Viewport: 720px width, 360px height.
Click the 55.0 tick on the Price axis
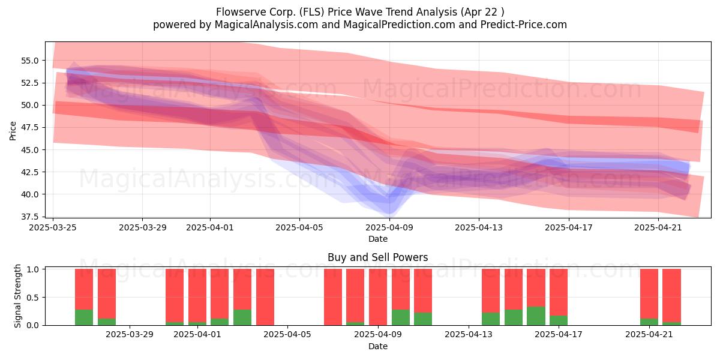click(x=29, y=61)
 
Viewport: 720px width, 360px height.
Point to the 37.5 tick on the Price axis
click(x=29, y=217)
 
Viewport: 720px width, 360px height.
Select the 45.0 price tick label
click(x=29, y=150)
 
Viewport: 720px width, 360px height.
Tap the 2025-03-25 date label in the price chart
click(x=53, y=227)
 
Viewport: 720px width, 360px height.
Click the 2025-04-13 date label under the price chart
click(x=479, y=227)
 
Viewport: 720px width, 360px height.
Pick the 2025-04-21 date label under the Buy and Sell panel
click(x=649, y=335)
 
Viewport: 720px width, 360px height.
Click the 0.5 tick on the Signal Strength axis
click(x=33, y=298)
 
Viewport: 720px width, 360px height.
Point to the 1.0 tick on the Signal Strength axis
click(x=33, y=269)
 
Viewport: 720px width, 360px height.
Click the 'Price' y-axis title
click(x=13, y=131)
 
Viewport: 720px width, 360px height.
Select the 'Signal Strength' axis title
click(x=17, y=296)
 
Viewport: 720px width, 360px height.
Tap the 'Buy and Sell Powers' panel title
click(x=377, y=257)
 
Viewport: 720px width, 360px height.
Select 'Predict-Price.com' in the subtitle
click(x=524, y=25)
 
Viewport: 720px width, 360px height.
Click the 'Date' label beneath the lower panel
click(x=377, y=346)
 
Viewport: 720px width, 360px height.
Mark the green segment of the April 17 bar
click(x=559, y=320)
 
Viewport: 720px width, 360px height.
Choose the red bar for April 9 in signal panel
click(x=378, y=297)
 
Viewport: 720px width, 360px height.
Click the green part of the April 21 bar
click(x=649, y=322)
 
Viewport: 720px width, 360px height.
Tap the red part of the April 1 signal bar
click(x=197, y=296)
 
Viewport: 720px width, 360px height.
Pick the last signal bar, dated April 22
click(x=672, y=297)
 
